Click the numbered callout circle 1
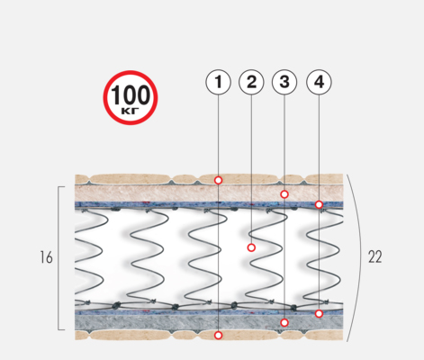coord(218,82)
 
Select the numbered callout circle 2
coord(251,82)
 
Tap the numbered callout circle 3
coord(284,82)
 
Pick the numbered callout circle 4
coord(319,82)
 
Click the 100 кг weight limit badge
coord(131,97)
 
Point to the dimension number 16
coord(46,257)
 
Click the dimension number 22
coord(375,256)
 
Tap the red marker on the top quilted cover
coord(219,180)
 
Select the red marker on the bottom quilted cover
coord(219,335)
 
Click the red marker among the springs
coord(251,247)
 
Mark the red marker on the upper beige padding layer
coord(284,194)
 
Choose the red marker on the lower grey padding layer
coord(284,322)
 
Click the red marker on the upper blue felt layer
coord(319,204)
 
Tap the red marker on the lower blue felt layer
coord(319,313)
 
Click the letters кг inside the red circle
coord(131,111)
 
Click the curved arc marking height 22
coord(360,257)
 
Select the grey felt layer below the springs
coord(209,322)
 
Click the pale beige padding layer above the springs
coord(209,193)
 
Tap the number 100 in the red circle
coord(131,95)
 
